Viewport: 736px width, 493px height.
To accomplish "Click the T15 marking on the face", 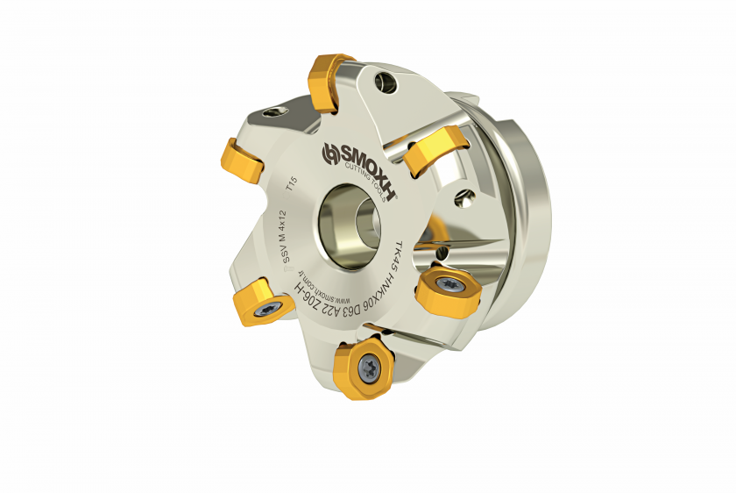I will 292,183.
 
